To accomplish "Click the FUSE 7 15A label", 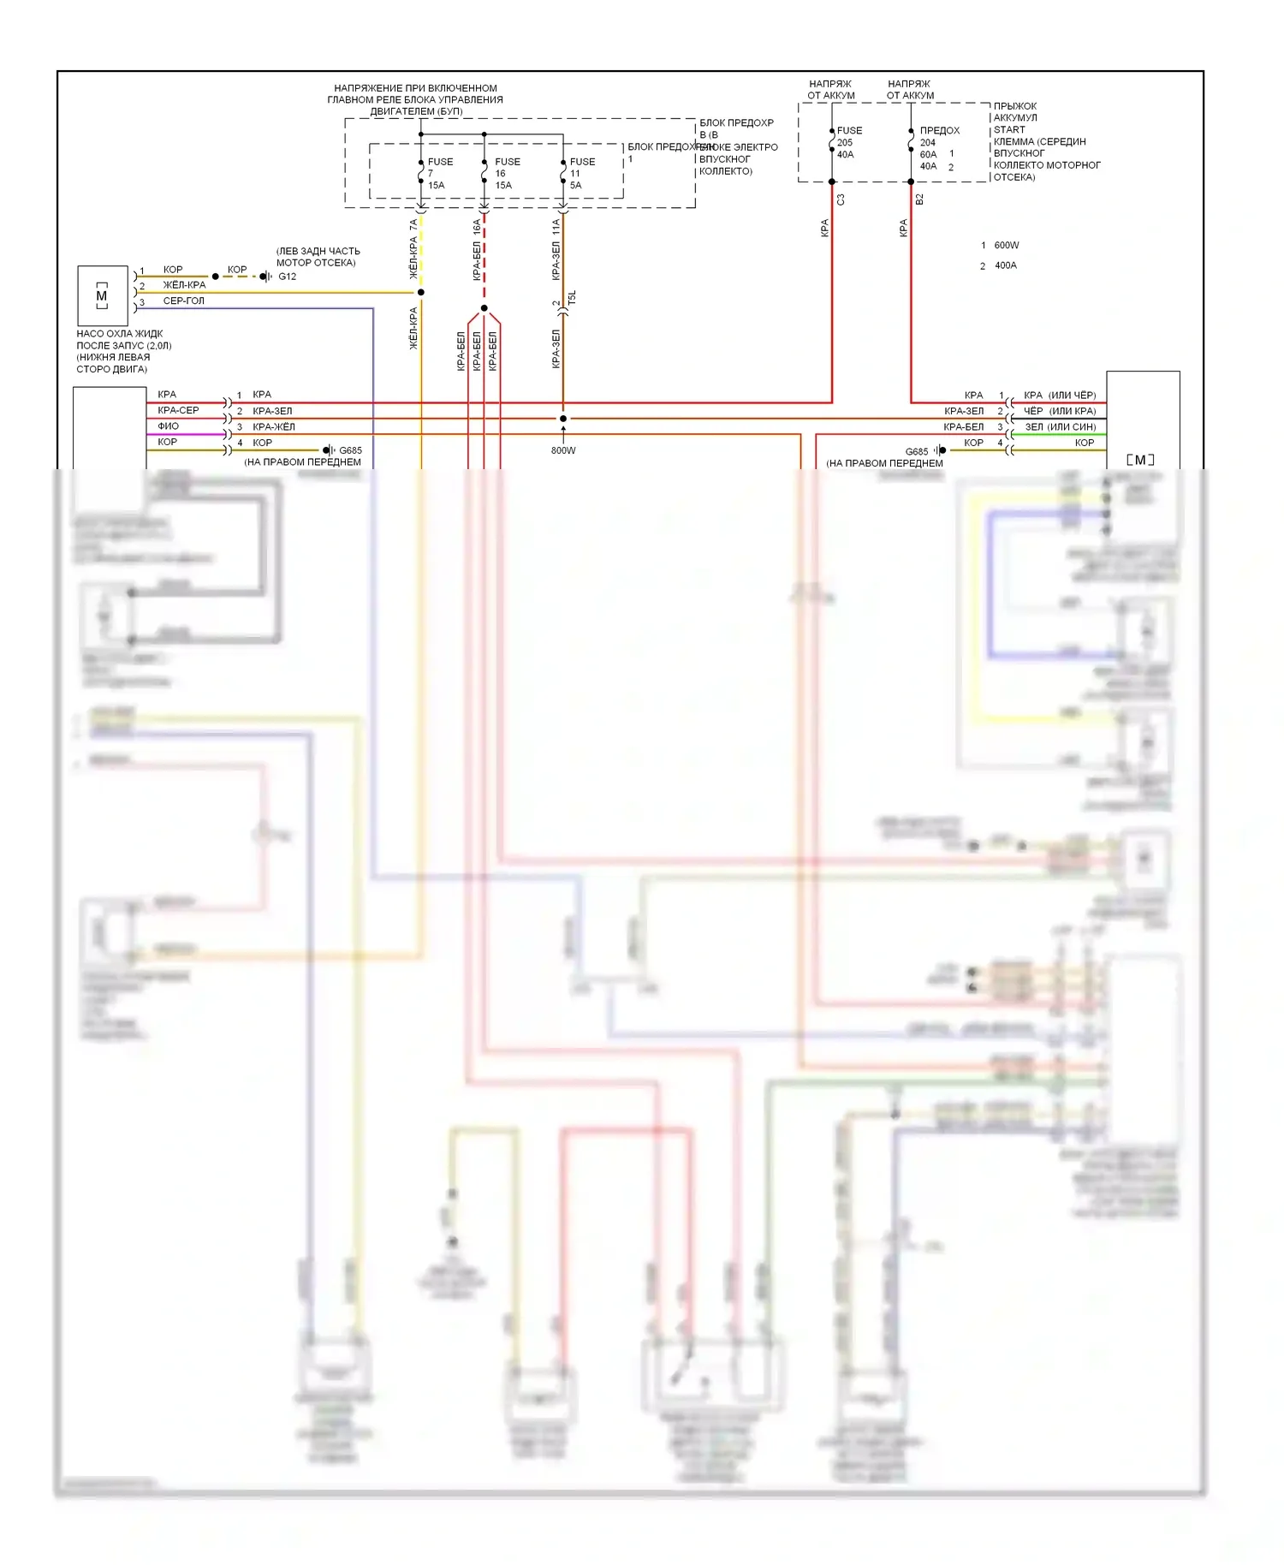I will pyautogui.click(x=439, y=173).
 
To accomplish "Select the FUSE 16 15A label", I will pyautogui.click(x=506, y=173).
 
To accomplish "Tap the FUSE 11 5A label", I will pyautogui.click(x=581, y=173).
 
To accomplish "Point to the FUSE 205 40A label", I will pyautogui.click(x=848, y=142).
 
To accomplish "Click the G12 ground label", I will pyautogui.click(x=287, y=277).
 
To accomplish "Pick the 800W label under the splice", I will pyautogui.click(x=563, y=450).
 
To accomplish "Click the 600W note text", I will pyautogui.click(x=1007, y=246).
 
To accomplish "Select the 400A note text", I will pyautogui.click(x=1006, y=265).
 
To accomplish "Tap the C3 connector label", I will pyautogui.click(x=841, y=199).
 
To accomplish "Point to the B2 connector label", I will pyautogui.click(x=919, y=199).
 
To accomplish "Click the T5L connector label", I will pyautogui.click(x=573, y=298).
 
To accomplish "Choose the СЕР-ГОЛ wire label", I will pyautogui.click(x=183, y=301).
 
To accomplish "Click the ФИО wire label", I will pyautogui.click(x=168, y=426).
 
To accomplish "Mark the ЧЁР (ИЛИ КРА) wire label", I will pyautogui.click(x=1060, y=411).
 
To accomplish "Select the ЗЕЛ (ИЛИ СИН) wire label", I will pyautogui.click(x=1060, y=427).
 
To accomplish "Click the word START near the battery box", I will pyautogui.click(x=1009, y=130).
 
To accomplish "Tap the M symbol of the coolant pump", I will pyautogui.click(x=102, y=296).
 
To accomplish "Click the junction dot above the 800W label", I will pyautogui.click(x=563, y=419).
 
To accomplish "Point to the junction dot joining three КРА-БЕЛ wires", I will pyautogui.click(x=484, y=308).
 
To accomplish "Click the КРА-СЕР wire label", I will pyautogui.click(x=178, y=411).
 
